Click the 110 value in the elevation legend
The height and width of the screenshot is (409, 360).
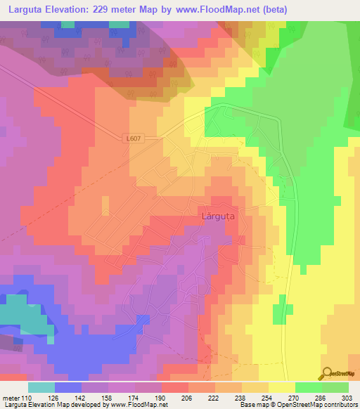pos(29,397)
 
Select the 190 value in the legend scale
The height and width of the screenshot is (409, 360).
pos(161,397)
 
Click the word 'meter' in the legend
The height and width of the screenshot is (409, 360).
pos(12,397)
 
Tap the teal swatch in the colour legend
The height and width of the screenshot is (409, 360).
pos(41,387)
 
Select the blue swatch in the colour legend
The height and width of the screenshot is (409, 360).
pos(68,387)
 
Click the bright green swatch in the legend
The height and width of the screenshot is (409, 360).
pos(309,387)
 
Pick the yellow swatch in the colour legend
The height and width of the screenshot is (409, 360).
pos(282,387)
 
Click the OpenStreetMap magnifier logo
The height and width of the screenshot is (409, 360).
pos(328,373)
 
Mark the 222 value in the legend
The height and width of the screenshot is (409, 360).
pos(214,397)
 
